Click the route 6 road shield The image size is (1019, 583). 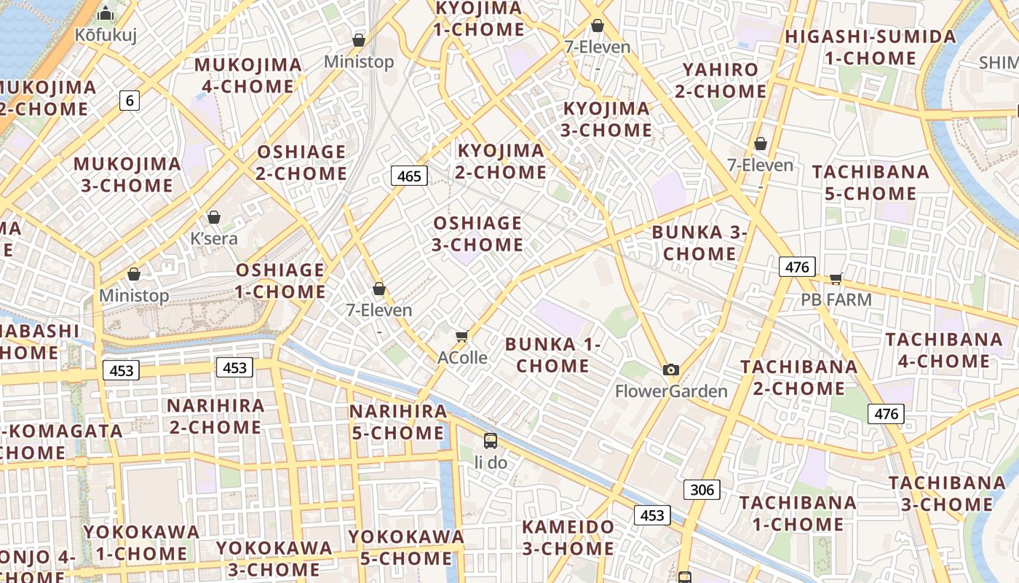coord(130,101)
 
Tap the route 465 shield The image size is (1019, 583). coord(409,176)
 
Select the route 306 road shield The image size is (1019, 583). coord(702,489)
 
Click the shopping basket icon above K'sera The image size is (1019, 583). coord(214,217)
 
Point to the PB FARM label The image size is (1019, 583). coord(836,299)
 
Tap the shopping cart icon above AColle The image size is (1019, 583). coord(461,336)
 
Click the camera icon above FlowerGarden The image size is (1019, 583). coord(671,369)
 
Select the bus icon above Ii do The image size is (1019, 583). coord(491,440)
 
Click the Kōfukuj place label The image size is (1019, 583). coord(106,34)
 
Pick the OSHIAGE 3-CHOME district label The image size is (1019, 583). coord(477,233)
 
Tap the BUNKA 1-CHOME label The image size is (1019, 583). coord(553,354)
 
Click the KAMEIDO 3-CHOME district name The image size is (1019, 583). coord(568,537)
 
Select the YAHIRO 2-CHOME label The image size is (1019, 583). coord(721,80)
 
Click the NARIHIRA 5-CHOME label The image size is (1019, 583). coord(397,422)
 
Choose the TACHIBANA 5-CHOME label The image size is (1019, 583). coord(871,183)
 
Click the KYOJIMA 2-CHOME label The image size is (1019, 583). coord(501,162)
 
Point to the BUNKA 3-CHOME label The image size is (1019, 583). coord(699,243)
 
